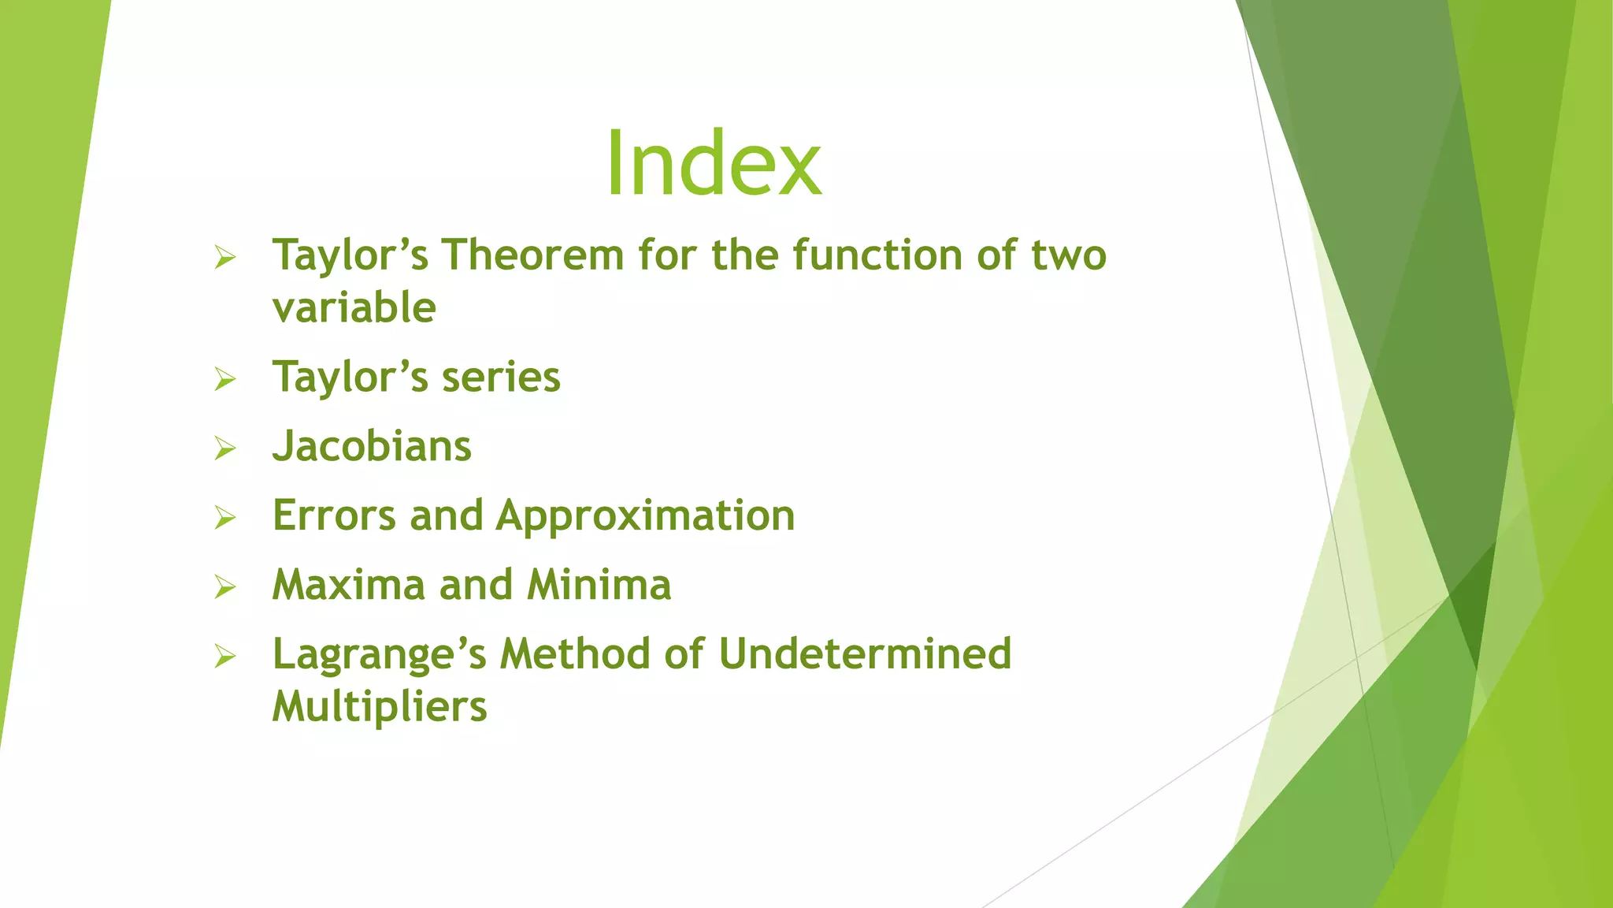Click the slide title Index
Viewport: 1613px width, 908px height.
point(713,163)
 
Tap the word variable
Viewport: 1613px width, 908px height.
point(354,307)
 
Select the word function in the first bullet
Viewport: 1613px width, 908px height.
point(877,255)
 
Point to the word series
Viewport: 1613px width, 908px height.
point(501,377)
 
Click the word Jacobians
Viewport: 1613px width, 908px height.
point(372,446)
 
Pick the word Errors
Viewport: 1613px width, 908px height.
point(334,515)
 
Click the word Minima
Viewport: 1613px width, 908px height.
point(599,585)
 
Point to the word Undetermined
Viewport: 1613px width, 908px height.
point(864,654)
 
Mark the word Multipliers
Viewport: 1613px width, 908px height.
point(380,706)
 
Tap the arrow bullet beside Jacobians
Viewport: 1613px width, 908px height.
point(225,448)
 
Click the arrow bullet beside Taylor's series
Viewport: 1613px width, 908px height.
point(225,379)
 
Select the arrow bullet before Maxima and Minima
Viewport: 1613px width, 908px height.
point(225,587)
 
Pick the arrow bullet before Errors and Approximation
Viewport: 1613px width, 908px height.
point(225,518)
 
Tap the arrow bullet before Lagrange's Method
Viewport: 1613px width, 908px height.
point(225,657)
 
